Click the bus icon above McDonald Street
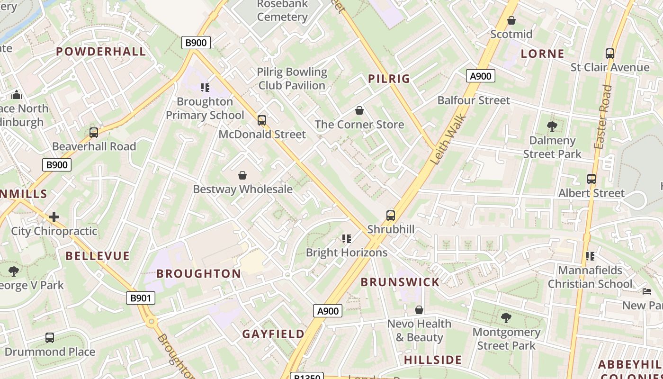[262, 120]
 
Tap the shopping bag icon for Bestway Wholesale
[242, 175]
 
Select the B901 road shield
[141, 298]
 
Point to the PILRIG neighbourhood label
[389, 79]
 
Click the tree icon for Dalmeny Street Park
[552, 126]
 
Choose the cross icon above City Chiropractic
[54, 217]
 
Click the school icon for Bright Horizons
[347, 239]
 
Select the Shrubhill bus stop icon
[391, 216]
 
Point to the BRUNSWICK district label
[400, 282]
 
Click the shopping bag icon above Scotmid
[511, 20]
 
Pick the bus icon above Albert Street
[591, 179]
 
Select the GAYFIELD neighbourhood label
[273, 334]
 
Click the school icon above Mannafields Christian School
[590, 256]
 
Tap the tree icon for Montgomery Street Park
[506, 318]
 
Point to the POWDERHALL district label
[101, 52]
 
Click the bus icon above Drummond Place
[50, 338]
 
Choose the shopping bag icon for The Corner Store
[359, 110]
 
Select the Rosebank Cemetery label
[283, 10]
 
